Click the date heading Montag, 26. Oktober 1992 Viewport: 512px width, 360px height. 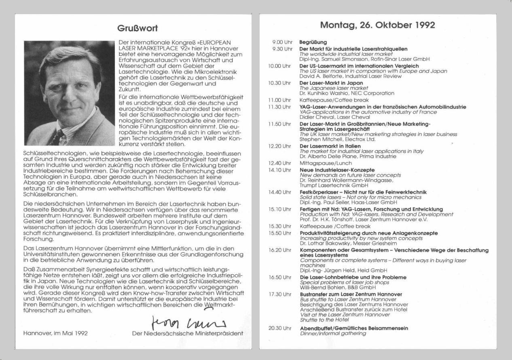pyautogui.click(x=377, y=25)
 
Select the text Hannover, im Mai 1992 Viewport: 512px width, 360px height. pyautogui.click(x=55, y=334)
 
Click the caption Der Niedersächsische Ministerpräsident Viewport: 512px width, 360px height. pyautogui.click(x=188, y=334)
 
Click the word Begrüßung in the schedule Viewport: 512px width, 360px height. pyautogui.click(x=313, y=42)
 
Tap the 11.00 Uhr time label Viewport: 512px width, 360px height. pyautogui.click(x=279, y=100)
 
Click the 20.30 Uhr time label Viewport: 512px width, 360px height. pyautogui.click(x=279, y=328)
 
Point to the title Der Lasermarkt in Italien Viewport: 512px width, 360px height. pyautogui.click(x=330, y=146)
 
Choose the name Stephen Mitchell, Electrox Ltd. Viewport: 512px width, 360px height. pyautogui.click(x=338, y=140)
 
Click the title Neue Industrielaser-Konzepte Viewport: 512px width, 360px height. pyautogui.click(x=337, y=170)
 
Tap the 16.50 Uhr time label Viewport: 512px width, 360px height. pyautogui.click(x=279, y=277)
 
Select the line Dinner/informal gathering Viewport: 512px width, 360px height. pyautogui.click(x=332, y=334)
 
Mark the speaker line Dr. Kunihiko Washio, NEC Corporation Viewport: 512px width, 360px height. pyautogui.click(x=341, y=93)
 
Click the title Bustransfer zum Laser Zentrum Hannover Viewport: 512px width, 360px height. pyautogui.click(x=351, y=294)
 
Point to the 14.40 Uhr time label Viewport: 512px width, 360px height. pyautogui.click(x=279, y=192)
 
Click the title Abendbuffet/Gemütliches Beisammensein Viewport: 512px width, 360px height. pyautogui.click(x=353, y=328)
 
